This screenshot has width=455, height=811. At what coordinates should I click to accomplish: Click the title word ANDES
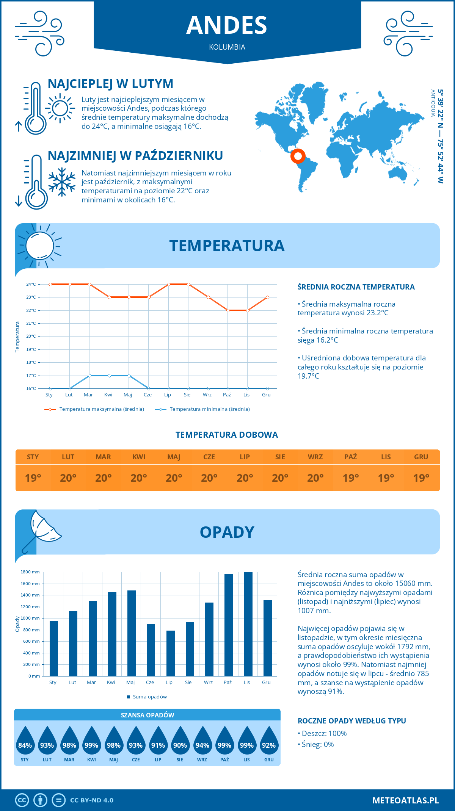227,25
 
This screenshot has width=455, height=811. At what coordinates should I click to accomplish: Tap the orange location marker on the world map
298,156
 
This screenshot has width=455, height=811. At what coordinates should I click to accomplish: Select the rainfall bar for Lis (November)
248,624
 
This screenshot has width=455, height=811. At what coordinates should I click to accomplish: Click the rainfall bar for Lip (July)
171,653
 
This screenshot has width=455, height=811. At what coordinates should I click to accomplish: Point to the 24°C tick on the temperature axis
31,284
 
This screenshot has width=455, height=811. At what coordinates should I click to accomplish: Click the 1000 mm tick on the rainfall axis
30,618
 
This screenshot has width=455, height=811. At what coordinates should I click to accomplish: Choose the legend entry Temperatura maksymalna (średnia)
101,409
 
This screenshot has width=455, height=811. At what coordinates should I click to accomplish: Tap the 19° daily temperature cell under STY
33,478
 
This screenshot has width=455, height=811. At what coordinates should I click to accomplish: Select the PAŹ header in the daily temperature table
350,457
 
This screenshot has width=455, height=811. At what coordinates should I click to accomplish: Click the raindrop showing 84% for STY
25,742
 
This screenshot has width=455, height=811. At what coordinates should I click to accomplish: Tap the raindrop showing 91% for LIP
158,742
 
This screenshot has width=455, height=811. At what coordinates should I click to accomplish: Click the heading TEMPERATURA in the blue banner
227,246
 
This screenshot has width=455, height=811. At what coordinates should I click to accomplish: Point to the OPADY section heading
227,532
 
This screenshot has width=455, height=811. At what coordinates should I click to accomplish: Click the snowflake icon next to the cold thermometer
62,182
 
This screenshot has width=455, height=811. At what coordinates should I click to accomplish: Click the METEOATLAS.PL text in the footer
405,800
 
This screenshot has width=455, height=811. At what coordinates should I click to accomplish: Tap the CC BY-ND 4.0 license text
92,800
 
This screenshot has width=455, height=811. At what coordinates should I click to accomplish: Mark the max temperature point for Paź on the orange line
228,310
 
